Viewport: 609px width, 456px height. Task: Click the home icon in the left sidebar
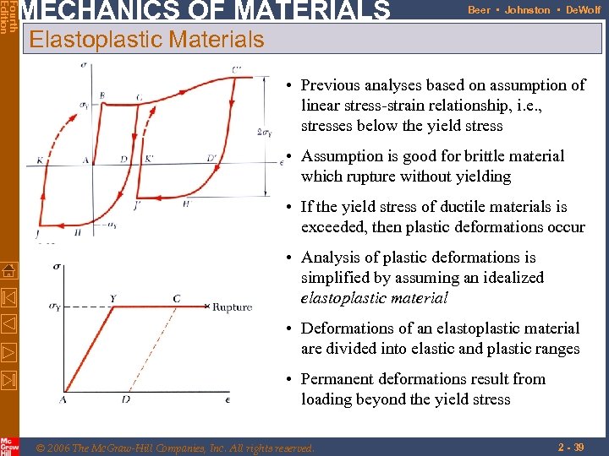click(x=8, y=270)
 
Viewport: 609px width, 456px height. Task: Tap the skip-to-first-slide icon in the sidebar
click(x=8, y=297)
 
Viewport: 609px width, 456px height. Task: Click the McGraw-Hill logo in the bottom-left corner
click(x=8, y=446)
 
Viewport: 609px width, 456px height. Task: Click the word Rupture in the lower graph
click(x=232, y=307)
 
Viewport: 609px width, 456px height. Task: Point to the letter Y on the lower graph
click(x=113, y=298)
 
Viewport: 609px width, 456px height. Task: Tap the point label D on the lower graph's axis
click(x=125, y=399)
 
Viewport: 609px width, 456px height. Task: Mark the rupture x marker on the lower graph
click(x=207, y=307)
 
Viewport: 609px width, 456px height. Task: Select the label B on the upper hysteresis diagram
click(x=102, y=96)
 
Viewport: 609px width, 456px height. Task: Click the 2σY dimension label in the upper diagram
click(x=265, y=132)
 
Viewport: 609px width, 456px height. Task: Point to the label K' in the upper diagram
click(x=149, y=158)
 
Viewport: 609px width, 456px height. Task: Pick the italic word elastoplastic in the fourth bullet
click(x=338, y=298)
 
